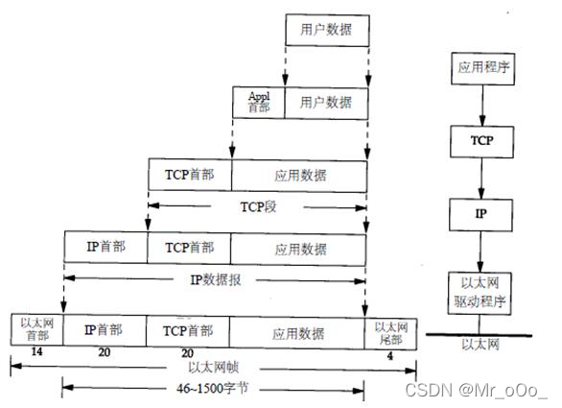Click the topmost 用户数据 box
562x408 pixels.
point(327,31)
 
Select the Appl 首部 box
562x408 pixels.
point(259,101)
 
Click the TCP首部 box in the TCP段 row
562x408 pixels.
point(190,175)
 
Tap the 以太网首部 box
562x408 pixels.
point(35,328)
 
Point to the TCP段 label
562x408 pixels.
point(258,204)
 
